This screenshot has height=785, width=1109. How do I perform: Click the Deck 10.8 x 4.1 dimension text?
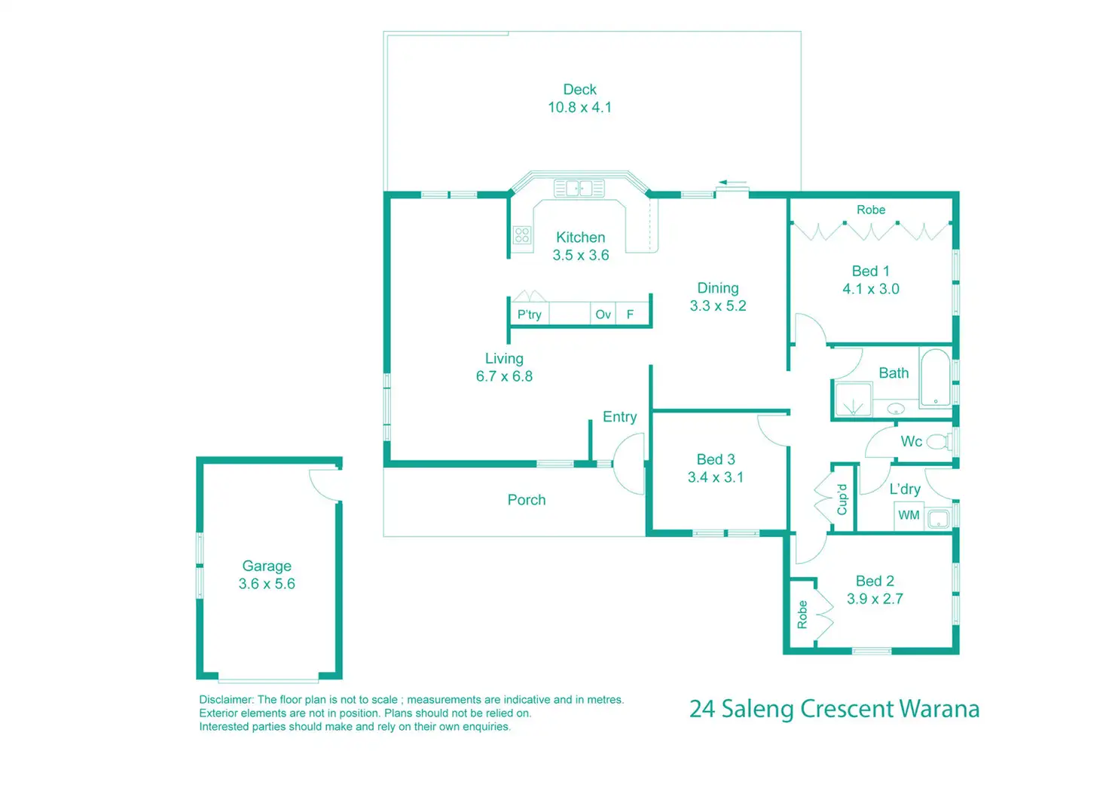tap(579, 108)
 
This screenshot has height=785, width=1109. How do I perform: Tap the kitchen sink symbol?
tap(579, 188)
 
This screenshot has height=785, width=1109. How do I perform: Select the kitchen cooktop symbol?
tap(522, 235)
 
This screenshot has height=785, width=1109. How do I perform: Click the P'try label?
tap(529, 314)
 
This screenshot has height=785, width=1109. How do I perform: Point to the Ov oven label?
tap(603, 314)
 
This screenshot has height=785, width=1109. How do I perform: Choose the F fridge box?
tap(631, 314)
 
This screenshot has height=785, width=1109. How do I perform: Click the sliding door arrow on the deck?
tap(732, 182)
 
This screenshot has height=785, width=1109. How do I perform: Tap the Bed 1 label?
tap(870, 271)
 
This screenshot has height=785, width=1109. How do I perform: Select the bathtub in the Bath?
tap(936, 377)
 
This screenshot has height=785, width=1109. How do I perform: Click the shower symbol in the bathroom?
tap(852, 400)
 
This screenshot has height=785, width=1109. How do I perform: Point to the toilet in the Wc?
tap(937, 441)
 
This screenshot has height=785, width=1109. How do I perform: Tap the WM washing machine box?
tap(909, 515)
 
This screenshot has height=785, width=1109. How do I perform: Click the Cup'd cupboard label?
tap(842, 500)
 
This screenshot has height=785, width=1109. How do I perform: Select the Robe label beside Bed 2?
tap(802, 615)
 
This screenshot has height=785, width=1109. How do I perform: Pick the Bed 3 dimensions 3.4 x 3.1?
tap(715, 477)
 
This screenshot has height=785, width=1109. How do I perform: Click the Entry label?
tap(619, 417)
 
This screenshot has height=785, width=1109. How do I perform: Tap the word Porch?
tap(526, 500)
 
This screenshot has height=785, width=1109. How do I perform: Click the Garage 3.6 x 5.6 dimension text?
tap(267, 584)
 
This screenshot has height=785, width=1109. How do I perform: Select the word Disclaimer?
tap(225, 700)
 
